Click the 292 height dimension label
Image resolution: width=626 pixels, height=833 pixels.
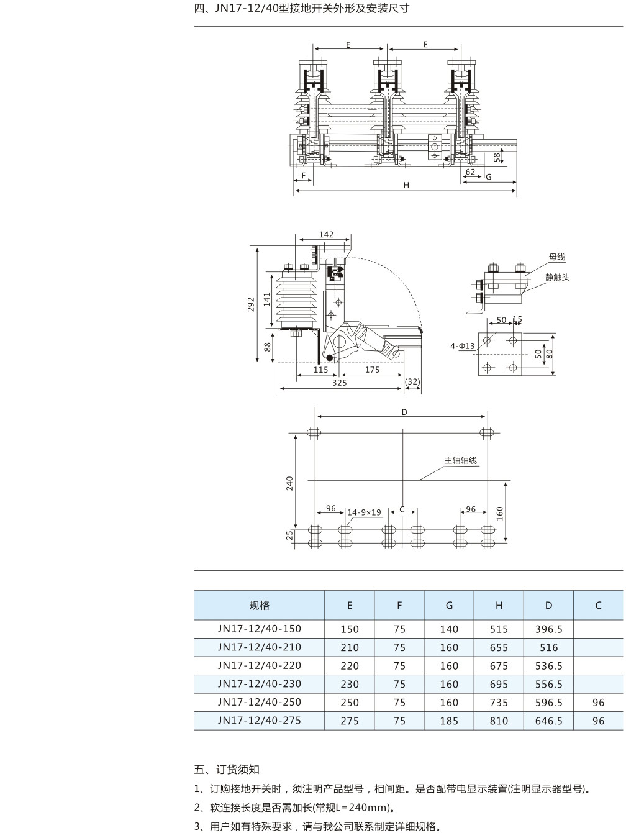click(x=251, y=304)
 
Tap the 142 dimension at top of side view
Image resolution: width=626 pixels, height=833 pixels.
click(x=326, y=235)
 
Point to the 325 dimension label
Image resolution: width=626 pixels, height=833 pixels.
click(x=339, y=383)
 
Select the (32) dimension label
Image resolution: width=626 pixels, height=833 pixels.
click(x=413, y=381)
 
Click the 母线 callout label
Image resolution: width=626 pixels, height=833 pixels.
click(x=557, y=257)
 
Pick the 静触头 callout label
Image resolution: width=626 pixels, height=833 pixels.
click(x=557, y=277)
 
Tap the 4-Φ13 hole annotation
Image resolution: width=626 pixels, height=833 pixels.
click(x=463, y=346)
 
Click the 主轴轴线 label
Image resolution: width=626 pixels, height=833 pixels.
click(x=461, y=460)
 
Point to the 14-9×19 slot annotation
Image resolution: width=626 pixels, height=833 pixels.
click(x=364, y=512)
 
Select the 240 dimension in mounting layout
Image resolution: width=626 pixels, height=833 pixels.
click(x=289, y=483)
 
